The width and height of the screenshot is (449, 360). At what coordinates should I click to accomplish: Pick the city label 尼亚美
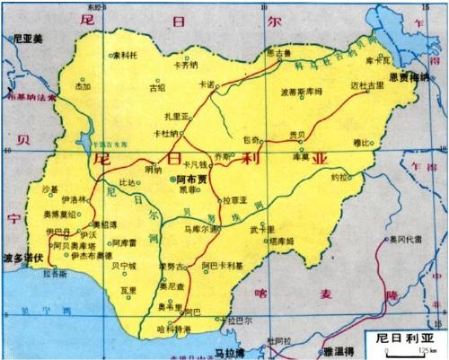click(x=29, y=40)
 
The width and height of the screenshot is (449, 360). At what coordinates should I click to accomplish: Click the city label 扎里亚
click(x=175, y=116)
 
